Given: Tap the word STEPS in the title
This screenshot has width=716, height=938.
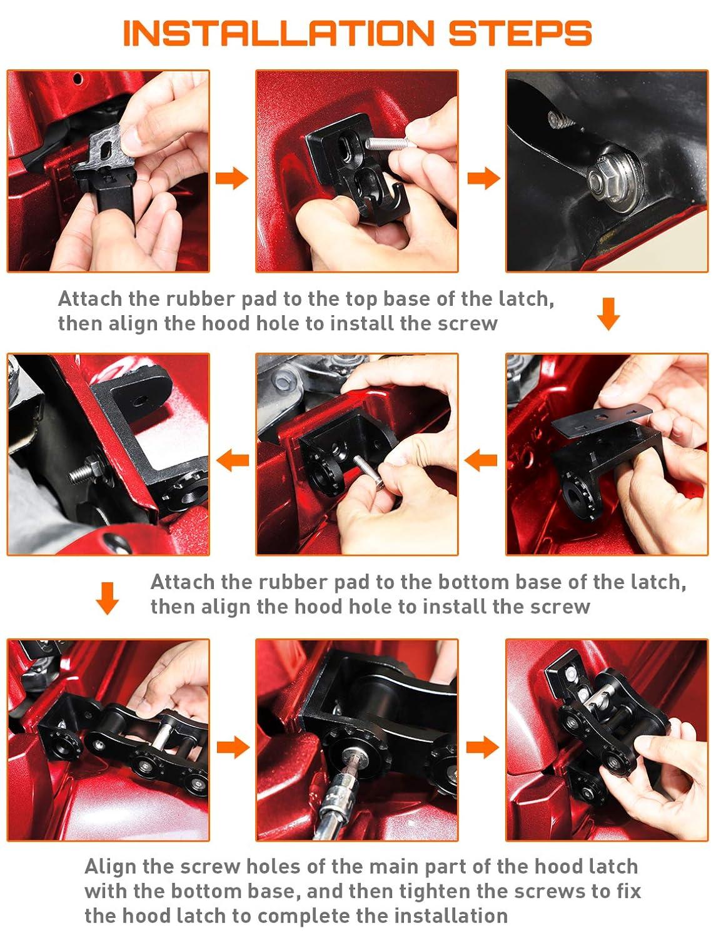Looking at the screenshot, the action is click(520, 33).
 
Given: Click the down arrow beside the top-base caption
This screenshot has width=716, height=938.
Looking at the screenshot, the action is click(608, 314).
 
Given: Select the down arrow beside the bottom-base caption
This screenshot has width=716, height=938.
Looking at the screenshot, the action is click(107, 598).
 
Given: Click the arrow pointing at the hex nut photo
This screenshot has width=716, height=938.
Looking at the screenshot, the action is click(483, 178).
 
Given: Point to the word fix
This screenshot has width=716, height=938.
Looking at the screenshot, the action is click(628, 891).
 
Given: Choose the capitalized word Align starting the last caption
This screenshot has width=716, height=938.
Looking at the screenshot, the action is click(110, 867).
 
